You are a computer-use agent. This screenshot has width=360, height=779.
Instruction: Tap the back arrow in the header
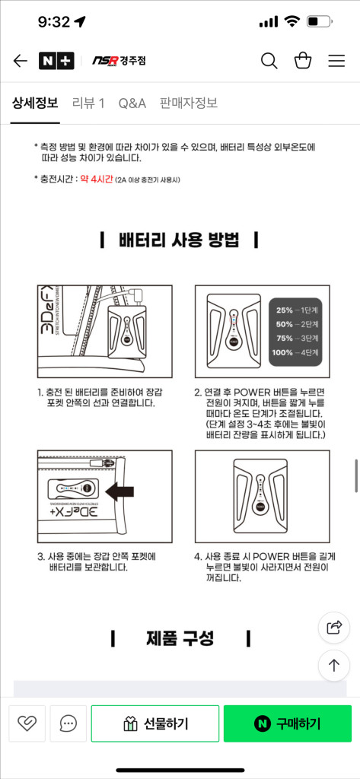pyautogui.click(x=21, y=61)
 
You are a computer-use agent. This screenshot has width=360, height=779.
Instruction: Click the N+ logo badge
pyautogui.click(x=56, y=61)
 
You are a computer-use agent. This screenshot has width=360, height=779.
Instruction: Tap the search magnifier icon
pyautogui.click(x=269, y=61)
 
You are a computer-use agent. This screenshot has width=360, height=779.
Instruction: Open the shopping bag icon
pyautogui.click(x=302, y=61)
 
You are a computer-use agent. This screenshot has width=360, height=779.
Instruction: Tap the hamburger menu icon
pyautogui.click(x=336, y=61)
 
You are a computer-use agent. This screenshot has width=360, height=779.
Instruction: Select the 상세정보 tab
pyautogui.click(x=35, y=103)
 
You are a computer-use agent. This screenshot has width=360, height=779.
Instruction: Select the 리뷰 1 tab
pyautogui.click(x=88, y=103)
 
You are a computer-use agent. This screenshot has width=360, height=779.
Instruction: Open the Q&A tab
pyautogui.click(x=132, y=103)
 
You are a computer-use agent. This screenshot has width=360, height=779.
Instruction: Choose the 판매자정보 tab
pyautogui.click(x=189, y=103)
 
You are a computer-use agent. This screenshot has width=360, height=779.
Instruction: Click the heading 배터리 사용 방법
pyautogui.click(x=180, y=241)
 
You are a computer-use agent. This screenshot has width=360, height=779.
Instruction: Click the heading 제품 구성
pyautogui.click(x=180, y=638)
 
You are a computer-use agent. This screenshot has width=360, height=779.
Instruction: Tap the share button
pyautogui.click(x=333, y=627)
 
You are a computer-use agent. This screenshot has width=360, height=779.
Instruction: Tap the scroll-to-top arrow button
pyautogui.click(x=333, y=665)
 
